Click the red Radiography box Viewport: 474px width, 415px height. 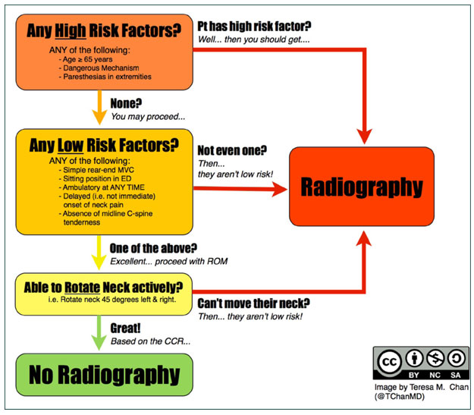point(362,187)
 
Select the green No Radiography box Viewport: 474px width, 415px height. point(105,375)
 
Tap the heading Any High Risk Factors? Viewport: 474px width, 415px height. point(104,31)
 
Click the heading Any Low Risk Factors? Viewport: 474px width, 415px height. point(104,145)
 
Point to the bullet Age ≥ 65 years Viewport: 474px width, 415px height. point(86,59)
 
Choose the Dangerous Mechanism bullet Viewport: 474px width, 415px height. point(99,68)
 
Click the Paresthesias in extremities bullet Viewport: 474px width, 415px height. point(105,77)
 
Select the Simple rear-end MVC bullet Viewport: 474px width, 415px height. point(96,170)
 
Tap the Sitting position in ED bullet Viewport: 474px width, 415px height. point(95,178)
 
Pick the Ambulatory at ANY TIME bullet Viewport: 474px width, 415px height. point(102,187)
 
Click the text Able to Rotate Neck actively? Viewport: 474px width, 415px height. point(103,288)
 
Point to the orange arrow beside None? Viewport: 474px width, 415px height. point(99,108)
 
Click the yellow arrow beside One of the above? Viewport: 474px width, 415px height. point(99,253)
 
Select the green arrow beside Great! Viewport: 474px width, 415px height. point(99,333)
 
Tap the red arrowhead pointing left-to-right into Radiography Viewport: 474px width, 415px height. point(279,189)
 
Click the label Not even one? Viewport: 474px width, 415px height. point(232,150)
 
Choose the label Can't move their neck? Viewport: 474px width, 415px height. point(253,303)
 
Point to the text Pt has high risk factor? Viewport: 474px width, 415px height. point(254,27)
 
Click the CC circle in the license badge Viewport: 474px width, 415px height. point(390,362)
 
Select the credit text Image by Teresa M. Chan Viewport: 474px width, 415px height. point(422,387)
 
